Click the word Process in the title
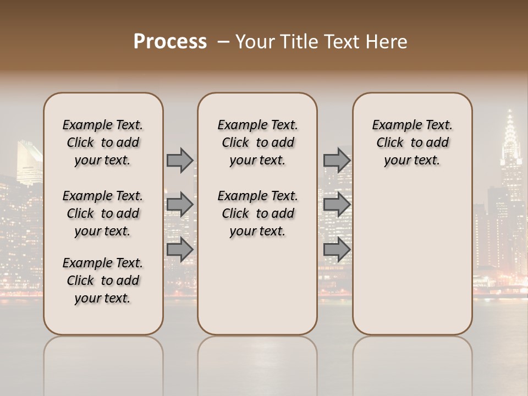[x=170, y=42]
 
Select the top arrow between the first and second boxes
[x=179, y=160]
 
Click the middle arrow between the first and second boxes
[x=179, y=205]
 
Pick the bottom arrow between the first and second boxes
[x=179, y=249]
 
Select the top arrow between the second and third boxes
[x=337, y=160]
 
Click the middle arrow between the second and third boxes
[x=337, y=205]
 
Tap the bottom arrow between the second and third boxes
[x=337, y=249]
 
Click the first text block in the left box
[x=103, y=142]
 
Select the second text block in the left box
[x=103, y=213]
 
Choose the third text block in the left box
[x=103, y=280]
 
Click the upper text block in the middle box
[x=257, y=142]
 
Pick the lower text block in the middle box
[x=257, y=213]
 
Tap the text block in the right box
[x=412, y=142]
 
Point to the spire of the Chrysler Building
[x=510, y=118]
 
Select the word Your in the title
[x=254, y=42]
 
